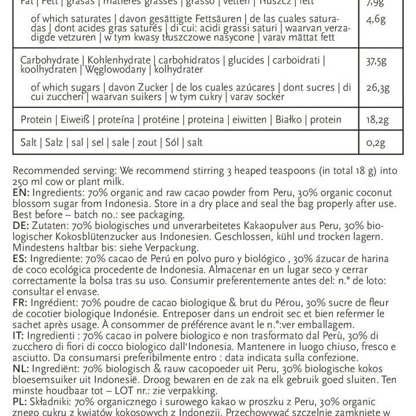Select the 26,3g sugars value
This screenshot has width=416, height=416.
coord(377,88)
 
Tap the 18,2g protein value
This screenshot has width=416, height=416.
coord(377,120)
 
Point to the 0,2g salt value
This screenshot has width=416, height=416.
coord(376,143)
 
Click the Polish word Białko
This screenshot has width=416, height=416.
coord(290,120)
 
